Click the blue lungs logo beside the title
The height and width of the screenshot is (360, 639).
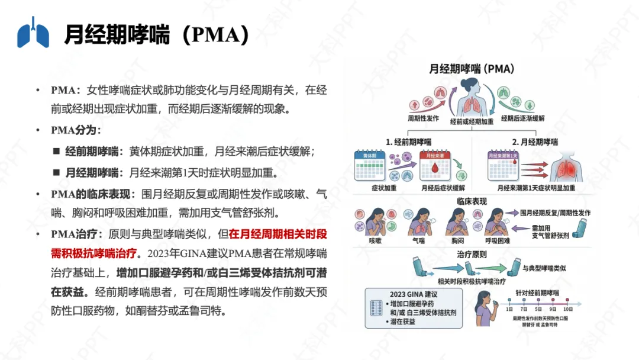coord(33,33)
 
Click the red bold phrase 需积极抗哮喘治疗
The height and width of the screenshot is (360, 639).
coord(95,253)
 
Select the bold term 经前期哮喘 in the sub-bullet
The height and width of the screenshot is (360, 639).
coord(92,152)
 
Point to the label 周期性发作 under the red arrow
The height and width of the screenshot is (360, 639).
coord(424,118)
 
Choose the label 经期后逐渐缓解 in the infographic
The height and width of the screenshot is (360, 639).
coord(523,118)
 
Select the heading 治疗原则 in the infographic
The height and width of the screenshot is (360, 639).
coord(472,255)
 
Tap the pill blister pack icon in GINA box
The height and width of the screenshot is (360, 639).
coord(375,308)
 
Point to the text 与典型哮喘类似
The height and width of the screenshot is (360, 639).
coord(545,268)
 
